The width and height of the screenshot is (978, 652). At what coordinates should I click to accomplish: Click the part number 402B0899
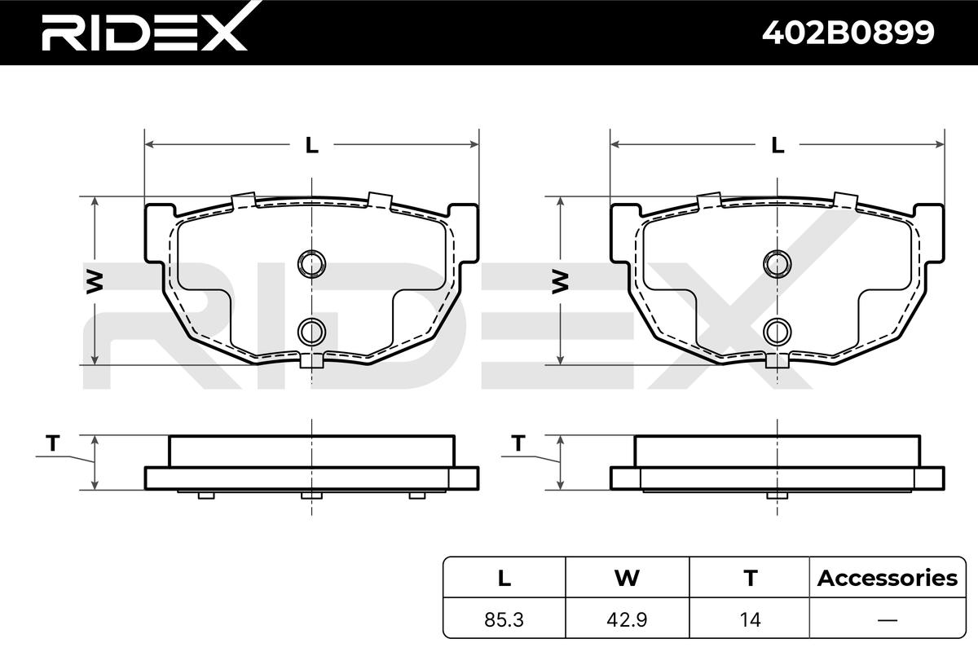[848, 33]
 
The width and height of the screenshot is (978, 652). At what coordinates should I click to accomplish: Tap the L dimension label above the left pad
[311, 145]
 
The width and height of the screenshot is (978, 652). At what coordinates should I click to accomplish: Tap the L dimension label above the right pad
[778, 145]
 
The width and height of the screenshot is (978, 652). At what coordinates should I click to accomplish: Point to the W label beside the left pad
[95, 282]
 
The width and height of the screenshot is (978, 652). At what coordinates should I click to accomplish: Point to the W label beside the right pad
[561, 282]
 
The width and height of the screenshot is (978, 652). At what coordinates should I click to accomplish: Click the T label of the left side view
[53, 443]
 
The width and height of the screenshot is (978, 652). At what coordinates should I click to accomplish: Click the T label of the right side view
[518, 443]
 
